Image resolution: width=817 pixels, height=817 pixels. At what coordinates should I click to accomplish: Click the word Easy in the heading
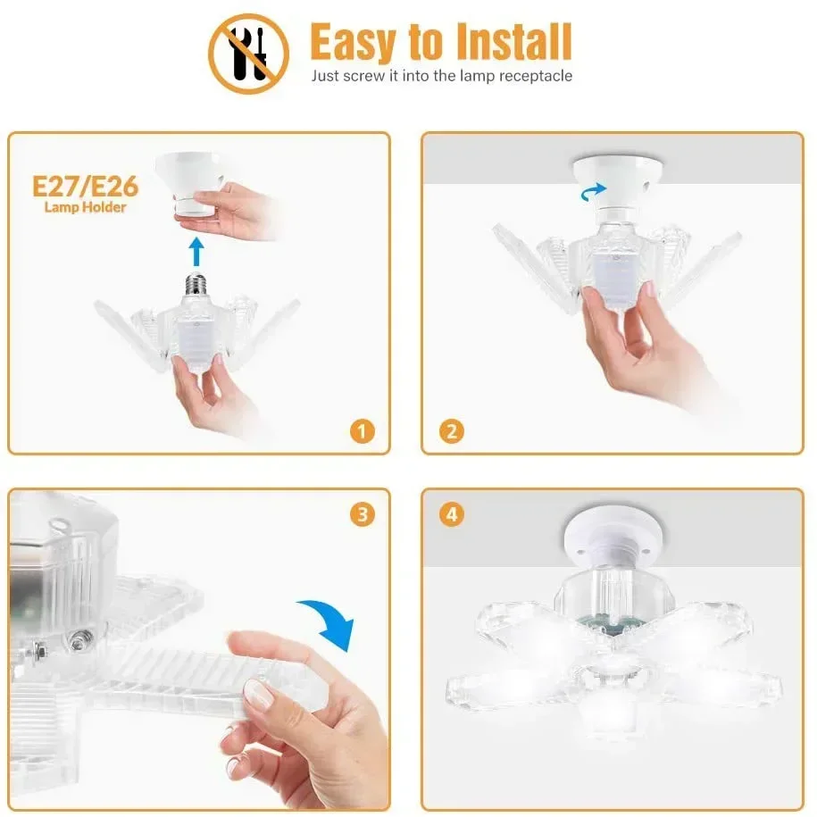point(353,41)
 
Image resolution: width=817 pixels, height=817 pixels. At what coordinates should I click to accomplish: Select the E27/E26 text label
point(85,186)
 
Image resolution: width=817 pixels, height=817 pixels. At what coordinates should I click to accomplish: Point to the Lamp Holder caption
point(86,207)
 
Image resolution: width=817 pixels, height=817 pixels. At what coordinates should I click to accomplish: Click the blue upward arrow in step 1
point(197,252)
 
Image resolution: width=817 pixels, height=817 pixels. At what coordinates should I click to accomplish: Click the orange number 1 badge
point(361,432)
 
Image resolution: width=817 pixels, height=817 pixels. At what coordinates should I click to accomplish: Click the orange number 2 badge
point(452,432)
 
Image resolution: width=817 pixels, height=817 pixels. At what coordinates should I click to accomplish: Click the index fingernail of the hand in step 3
point(259,695)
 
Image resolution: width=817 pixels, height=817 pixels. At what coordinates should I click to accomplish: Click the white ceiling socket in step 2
point(611,175)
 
